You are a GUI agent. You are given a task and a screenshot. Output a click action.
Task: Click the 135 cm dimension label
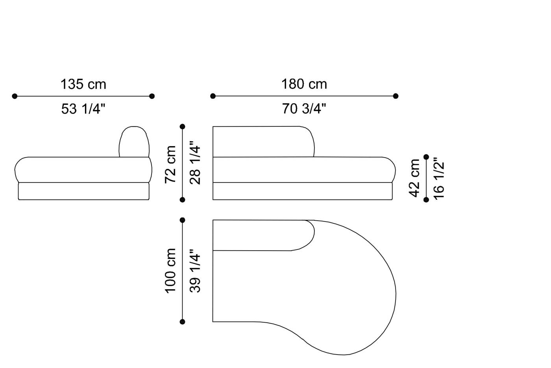pos(83,84)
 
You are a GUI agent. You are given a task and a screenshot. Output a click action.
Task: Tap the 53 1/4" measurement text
pos(83,109)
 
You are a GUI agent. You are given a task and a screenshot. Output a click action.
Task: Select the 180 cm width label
pos(304,84)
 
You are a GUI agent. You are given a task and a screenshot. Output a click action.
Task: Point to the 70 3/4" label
pos(304,108)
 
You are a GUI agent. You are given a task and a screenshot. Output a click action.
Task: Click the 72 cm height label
pos(170,164)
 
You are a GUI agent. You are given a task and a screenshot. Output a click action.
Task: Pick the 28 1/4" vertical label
pos(195,163)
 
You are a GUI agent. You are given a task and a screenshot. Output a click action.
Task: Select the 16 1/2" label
pos(439,178)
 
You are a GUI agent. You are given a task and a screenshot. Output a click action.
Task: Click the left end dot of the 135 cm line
pos(15,96)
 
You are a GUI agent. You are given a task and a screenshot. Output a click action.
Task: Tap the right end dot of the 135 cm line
pos(152,96)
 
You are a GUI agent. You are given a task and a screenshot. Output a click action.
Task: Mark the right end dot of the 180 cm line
pos(396,96)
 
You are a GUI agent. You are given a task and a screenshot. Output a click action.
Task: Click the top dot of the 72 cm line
pos(182,126)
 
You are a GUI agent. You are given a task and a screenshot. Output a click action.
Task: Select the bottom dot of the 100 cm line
pos(182,322)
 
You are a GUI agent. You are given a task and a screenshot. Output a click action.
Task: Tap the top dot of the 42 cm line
pos(426,157)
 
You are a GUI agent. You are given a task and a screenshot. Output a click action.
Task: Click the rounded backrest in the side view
pos(134,142)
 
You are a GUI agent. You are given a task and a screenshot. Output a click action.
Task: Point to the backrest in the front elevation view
pos(263,141)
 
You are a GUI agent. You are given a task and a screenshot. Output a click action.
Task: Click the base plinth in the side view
pos(83,191)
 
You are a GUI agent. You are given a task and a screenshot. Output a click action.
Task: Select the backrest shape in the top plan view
pos(263,235)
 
